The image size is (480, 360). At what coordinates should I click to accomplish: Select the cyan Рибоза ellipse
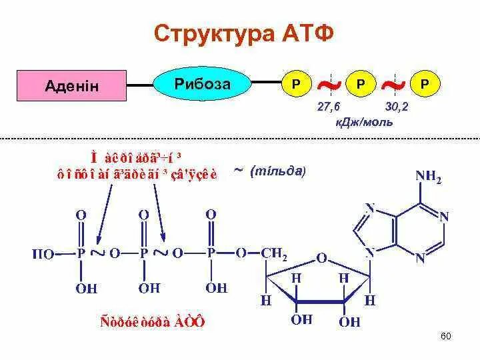pos(203,83)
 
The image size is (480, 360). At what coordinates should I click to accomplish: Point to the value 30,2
pos(397,107)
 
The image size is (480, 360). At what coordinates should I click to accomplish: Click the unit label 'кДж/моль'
pos(364,122)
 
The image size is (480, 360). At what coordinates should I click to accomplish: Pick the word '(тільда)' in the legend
pos(278,171)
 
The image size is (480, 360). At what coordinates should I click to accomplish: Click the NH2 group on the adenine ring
pos(429,177)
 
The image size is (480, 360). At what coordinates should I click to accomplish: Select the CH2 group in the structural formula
pos(274,254)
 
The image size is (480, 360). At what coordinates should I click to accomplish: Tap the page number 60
pos(446,335)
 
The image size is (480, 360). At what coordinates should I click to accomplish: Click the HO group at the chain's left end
pos(44,254)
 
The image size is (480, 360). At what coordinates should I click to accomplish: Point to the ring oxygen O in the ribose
pos(321,257)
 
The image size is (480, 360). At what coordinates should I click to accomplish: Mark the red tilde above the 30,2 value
pos(394,85)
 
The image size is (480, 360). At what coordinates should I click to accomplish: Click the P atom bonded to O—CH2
pos(211,254)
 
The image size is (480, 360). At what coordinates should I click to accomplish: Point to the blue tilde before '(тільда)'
pos(238,171)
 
